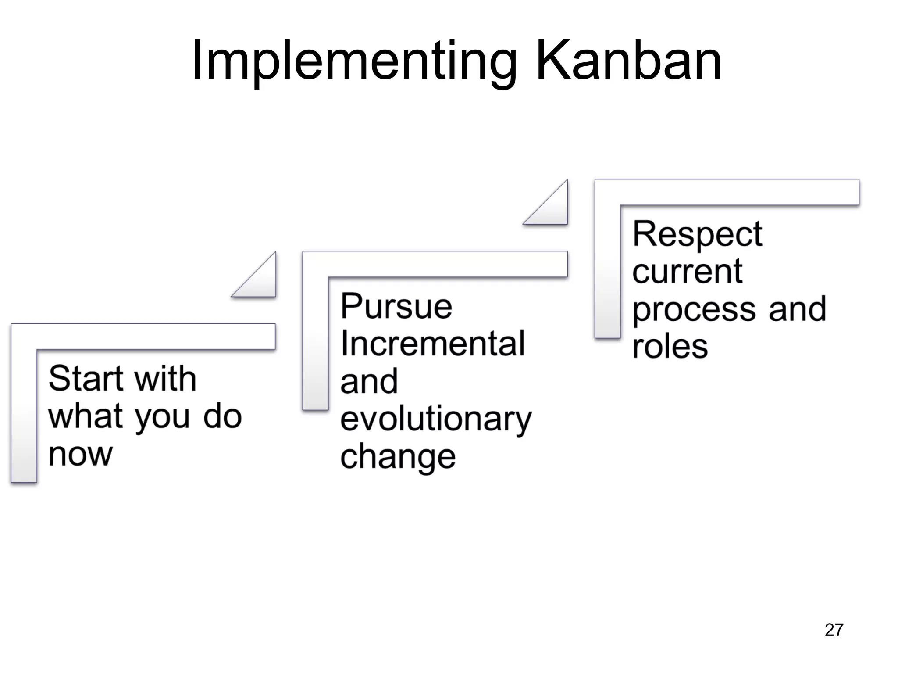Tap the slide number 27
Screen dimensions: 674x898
[x=834, y=630]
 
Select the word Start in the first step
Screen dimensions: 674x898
[x=86, y=378]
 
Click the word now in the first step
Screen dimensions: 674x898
[x=81, y=455]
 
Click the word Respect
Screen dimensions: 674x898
[x=697, y=234]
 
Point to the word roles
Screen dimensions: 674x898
[x=670, y=347]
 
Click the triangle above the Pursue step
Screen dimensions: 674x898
[x=260, y=281]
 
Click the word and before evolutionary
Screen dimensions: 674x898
[x=369, y=382]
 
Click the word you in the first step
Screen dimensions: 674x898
[x=163, y=418]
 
